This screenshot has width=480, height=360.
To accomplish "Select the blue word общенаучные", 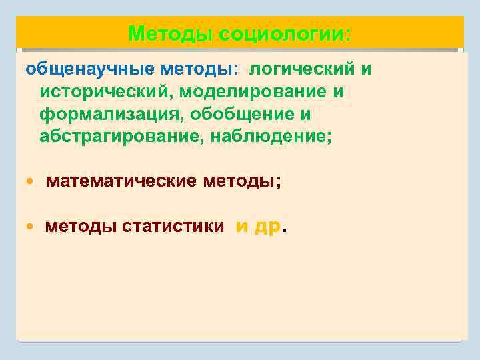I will click(x=78, y=69).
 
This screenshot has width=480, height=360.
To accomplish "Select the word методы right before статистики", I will click(x=81, y=227).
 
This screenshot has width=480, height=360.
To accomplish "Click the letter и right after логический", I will click(x=366, y=69).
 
